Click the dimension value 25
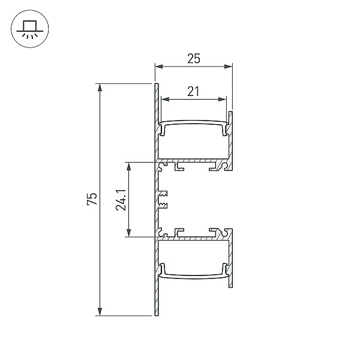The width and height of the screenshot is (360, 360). [194, 59]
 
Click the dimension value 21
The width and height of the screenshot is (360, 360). [193, 91]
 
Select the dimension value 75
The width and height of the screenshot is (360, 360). [92, 199]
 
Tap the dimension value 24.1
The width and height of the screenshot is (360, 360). [121, 200]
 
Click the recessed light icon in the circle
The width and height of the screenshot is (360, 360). [30, 29]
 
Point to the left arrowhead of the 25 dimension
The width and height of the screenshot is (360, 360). [159, 67]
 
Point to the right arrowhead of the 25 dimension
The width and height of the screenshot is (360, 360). [228, 67]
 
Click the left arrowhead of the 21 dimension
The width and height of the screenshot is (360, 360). [165, 99]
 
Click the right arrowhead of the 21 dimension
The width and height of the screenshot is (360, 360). [222, 99]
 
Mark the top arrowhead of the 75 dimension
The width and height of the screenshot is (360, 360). [100, 88]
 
